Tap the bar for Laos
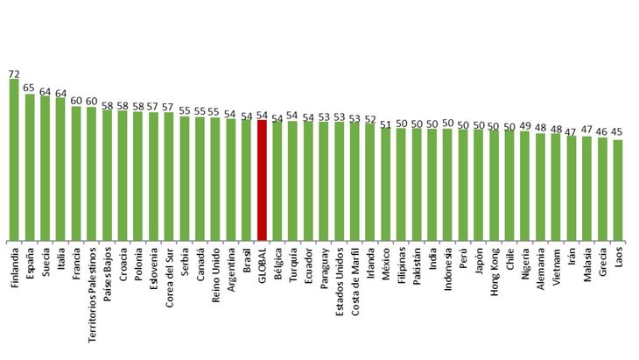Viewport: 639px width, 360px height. click(x=618, y=189)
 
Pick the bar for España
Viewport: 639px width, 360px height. click(x=30, y=166)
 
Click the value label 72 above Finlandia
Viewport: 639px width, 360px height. click(x=14, y=74)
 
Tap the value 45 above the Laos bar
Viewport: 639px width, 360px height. click(x=618, y=133)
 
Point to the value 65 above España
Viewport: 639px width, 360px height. click(x=30, y=88)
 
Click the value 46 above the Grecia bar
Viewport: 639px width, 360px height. click(x=602, y=131)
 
